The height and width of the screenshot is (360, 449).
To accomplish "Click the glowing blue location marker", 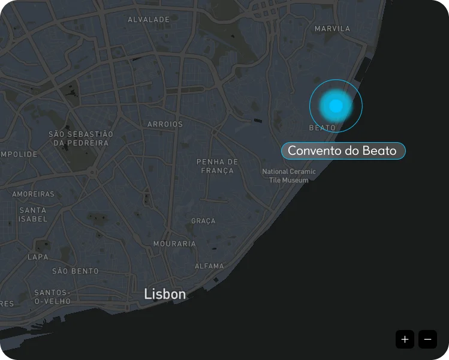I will coord(336,106).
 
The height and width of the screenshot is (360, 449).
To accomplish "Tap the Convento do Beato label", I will coord(343,151).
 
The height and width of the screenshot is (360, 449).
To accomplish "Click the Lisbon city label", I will coord(165,294).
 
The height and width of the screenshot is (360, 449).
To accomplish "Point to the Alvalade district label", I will coord(149,20).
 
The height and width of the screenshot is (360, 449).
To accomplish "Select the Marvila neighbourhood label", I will coord(332,29).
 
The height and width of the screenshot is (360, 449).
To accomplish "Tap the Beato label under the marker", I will coord(323,128).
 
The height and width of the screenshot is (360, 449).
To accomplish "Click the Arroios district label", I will coord(165,124).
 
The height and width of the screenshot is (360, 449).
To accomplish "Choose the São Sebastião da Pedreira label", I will coord(81,139).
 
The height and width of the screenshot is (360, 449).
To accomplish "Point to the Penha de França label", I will coord(218,166).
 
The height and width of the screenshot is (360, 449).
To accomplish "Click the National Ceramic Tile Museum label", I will coord(289,176).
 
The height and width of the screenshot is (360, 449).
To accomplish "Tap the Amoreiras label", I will coord(34,194).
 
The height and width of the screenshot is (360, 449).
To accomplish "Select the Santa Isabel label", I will coord(33,215).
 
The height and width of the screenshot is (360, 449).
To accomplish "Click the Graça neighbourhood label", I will coord(203,221).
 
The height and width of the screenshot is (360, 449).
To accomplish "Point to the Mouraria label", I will coord(174,244).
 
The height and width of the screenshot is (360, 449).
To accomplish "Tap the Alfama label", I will coord(209,266).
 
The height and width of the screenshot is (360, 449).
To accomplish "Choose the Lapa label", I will coord(38,257).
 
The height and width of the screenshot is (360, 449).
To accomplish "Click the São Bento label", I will coord(76,271).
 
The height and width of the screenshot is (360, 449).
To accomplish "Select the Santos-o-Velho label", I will coord(53,296).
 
